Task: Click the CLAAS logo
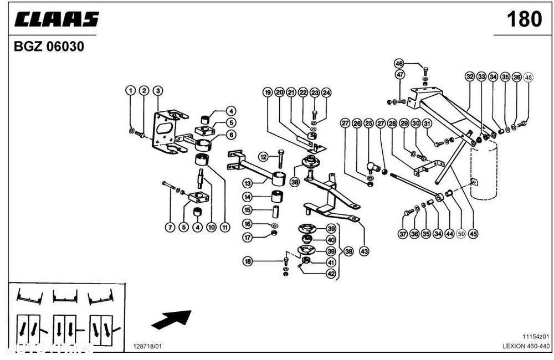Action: click(57, 19)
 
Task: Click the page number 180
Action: click(524, 19)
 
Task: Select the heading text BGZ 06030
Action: click(49, 47)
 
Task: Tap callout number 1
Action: click(130, 90)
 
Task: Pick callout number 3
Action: click(157, 90)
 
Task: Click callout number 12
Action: click(264, 157)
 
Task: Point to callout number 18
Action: click(248, 260)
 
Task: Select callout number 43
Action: click(364, 251)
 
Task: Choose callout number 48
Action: click(528, 77)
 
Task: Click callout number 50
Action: click(460, 234)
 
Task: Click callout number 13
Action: click(248, 182)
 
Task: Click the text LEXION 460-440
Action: click(526, 345)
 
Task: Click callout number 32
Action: click(470, 77)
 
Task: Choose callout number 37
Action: click(403, 234)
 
